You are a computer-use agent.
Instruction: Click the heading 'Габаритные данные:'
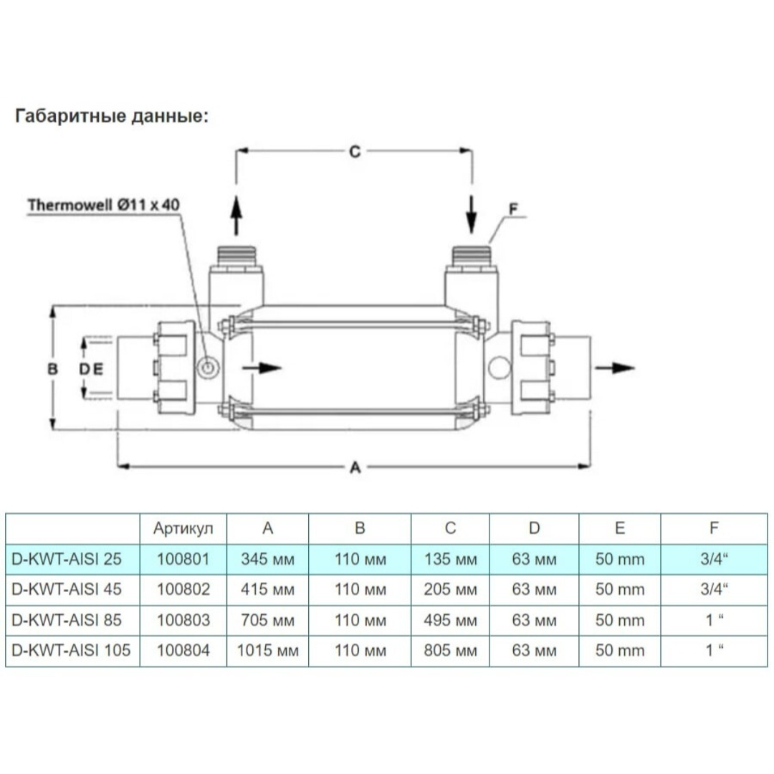click(112, 116)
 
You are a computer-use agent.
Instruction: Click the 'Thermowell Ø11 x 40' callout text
click(103, 205)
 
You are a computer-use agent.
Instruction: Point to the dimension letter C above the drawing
click(355, 151)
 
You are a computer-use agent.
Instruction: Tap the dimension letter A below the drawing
click(355, 467)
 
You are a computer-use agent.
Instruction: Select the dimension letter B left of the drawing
click(53, 369)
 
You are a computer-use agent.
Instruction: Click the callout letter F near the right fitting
click(513, 209)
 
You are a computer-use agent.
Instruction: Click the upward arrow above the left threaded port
click(236, 215)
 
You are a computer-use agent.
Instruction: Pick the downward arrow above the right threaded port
click(472, 215)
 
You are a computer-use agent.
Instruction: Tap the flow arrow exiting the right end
click(615, 368)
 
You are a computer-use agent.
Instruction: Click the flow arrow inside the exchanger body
click(262, 368)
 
